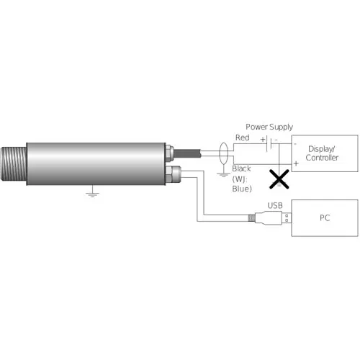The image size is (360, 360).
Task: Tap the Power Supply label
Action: coord(269,127)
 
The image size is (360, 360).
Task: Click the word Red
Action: coord(242,138)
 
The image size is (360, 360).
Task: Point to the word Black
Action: coord(241,168)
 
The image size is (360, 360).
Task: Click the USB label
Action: coord(275,205)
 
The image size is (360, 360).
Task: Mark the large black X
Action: coord(279,179)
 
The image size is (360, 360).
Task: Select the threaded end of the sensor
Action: coord(14,164)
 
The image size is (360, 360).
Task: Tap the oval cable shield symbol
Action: coord(223,153)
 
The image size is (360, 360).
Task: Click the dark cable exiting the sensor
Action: coord(187,153)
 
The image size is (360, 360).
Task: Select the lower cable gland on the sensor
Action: coord(173,174)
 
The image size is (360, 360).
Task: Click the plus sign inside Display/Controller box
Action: coord(296,163)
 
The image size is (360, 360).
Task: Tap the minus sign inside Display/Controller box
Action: coord(295,144)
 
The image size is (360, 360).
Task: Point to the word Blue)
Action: coord(242,189)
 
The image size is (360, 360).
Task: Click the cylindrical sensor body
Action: coord(96,164)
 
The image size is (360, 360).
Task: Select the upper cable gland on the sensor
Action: coord(170,153)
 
